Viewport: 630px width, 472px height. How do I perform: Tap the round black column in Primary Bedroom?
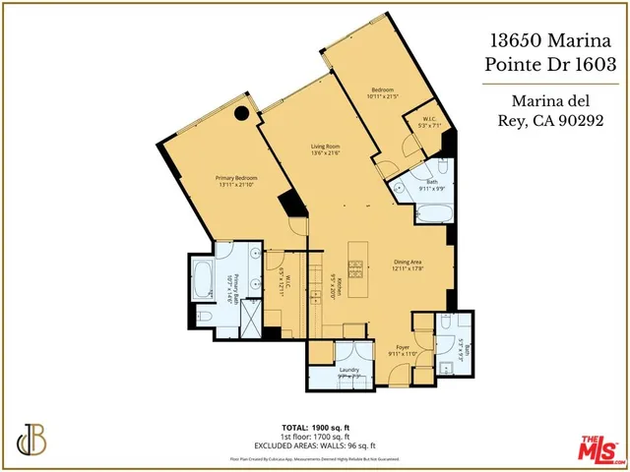[x=239, y=114]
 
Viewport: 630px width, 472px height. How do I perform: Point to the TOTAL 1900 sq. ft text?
[x=314, y=428]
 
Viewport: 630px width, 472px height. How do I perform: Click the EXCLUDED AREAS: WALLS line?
[x=314, y=443]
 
